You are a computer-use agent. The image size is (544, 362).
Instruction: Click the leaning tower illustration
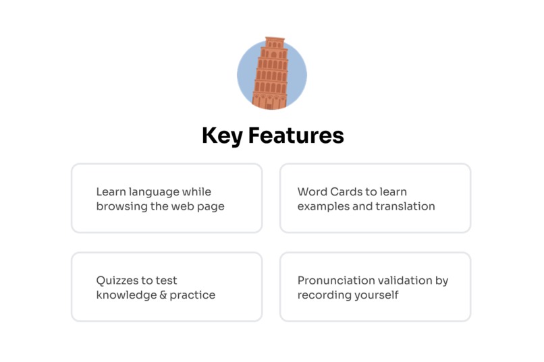271,74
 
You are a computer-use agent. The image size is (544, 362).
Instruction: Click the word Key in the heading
222,135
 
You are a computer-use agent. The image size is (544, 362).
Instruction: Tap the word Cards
347,192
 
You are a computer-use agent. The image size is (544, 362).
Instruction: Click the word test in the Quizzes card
166,280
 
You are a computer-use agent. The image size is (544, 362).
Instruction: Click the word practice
193,295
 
